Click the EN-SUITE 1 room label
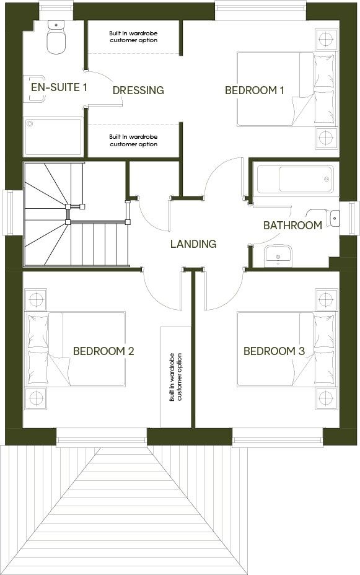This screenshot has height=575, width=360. tap(59, 87)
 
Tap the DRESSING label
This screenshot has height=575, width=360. tap(138, 90)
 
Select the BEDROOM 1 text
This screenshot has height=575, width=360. tap(254, 90)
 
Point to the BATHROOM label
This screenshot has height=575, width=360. tap(292, 226)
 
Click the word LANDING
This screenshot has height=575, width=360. tap(193, 244)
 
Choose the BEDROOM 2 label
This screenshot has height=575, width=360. tap(103, 351)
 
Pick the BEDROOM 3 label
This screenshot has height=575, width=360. tap(274, 351)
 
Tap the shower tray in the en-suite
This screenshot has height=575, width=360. tap(53, 136)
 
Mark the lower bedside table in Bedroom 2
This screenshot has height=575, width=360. tap(37, 397)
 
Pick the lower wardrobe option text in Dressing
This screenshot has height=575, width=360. tap(133, 141)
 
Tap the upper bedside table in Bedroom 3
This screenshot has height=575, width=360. tap(325, 300)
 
